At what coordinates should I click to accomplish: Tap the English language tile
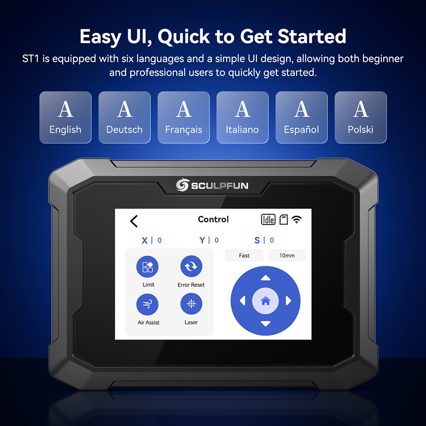tap(65, 117)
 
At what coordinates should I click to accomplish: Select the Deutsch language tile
tap(124, 117)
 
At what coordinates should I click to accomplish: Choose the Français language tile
tap(184, 117)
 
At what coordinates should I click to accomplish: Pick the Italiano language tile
tap(242, 117)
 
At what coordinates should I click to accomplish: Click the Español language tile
tap(302, 117)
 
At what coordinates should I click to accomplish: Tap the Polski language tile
tap(360, 117)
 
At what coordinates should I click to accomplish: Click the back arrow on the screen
tap(134, 221)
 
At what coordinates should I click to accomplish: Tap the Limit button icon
tap(147, 267)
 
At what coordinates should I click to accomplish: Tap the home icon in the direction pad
tap(265, 301)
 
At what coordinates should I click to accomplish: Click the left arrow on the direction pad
tap(243, 301)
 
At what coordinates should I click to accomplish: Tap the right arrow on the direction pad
tap(288, 301)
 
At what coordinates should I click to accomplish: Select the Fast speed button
tap(245, 256)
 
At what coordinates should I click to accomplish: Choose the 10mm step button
tap(287, 256)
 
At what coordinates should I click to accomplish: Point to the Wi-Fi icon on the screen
tap(296, 219)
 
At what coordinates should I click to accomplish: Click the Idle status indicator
tap(268, 219)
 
